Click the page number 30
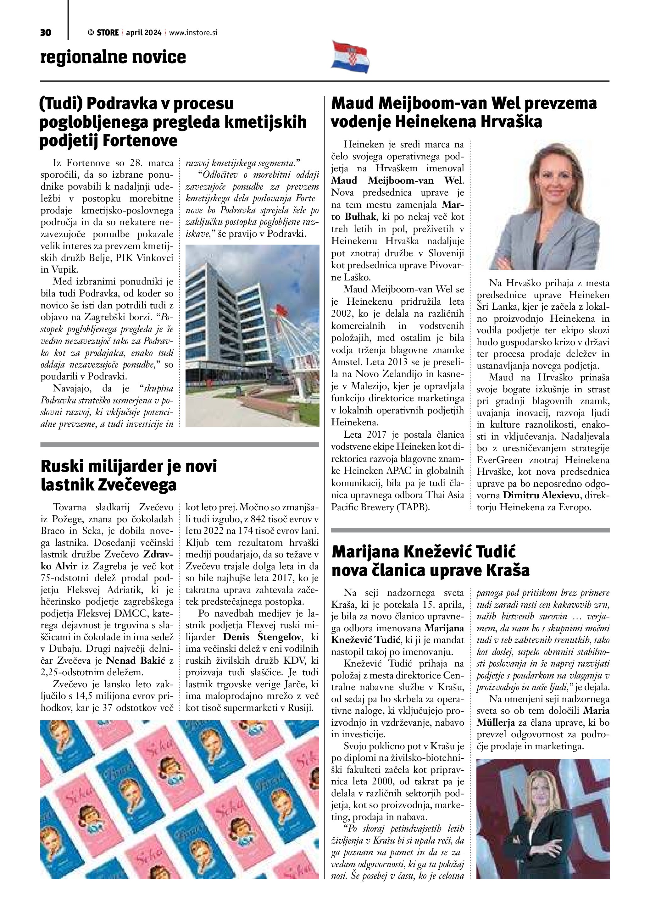(46, 33)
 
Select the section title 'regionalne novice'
(113, 57)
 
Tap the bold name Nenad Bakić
(135, 661)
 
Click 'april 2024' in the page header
(143, 33)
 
